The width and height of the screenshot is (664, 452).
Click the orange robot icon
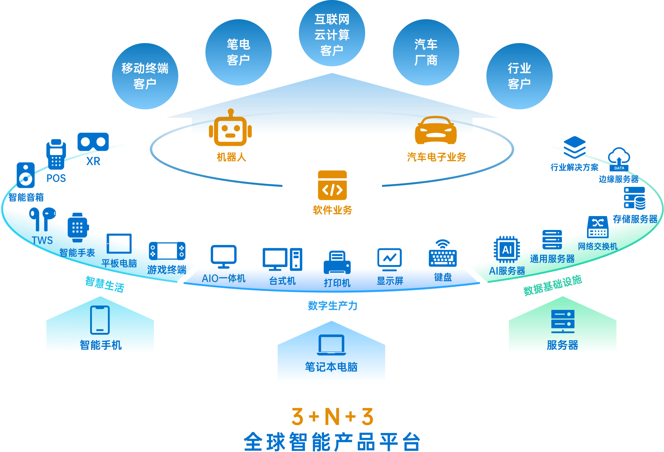230,129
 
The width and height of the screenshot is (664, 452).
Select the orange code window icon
332,185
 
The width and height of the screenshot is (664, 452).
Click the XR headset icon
93,142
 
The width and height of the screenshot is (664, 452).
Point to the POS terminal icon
56,154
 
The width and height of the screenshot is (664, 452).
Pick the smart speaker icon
26,175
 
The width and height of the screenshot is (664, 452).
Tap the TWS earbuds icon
42,219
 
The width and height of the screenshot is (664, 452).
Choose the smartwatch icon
78,228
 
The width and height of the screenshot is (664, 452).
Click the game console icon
167,251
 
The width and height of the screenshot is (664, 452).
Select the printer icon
337,262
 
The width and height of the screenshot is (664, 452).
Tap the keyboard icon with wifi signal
443,254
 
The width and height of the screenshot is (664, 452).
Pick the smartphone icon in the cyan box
100,320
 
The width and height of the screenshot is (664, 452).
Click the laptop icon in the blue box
331,345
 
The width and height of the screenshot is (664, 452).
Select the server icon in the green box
563,321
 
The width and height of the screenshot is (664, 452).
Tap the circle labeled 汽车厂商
426,52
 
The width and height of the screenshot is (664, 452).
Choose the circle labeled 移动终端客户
145,76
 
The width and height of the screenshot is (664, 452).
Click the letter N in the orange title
332,417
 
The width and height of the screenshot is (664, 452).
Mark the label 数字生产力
332,306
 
